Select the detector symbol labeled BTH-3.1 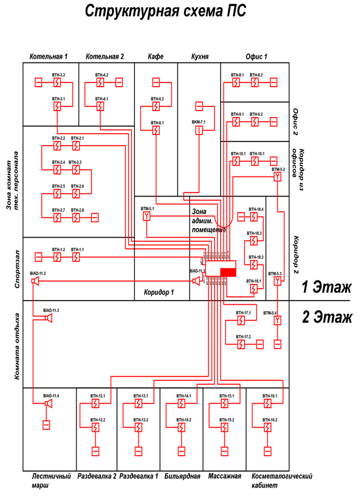pyautogui.click(x=57, y=107)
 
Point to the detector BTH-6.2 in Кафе pyautogui.click(x=156, y=106)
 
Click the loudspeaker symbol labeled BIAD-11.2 pyautogui.click(x=36, y=280)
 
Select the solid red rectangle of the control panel pyautogui.click(x=228, y=271)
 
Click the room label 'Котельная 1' pyautogui.click(x=48, y=56)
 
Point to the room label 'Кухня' pyautogui.click(x=199, y=56)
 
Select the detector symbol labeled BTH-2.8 pyautogui.click(x=76, y=218)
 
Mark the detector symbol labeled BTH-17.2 pyautogui.click(x=242, y=345)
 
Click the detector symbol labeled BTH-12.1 pyautogui.click(x=95, y=404)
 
